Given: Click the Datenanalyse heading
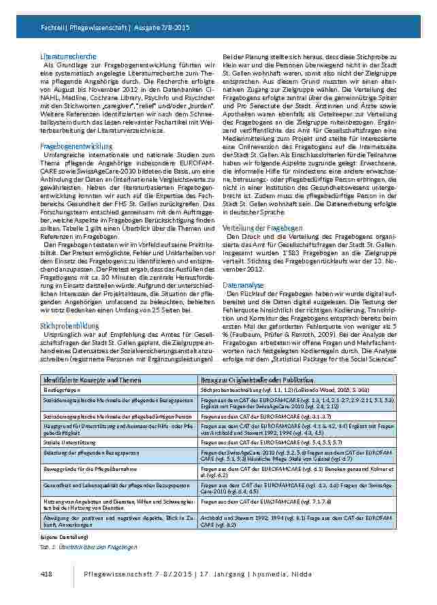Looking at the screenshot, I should click(244, 284).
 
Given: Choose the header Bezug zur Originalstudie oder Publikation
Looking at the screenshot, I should click(258, 378).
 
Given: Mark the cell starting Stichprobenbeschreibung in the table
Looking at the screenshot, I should click(277, 390).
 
